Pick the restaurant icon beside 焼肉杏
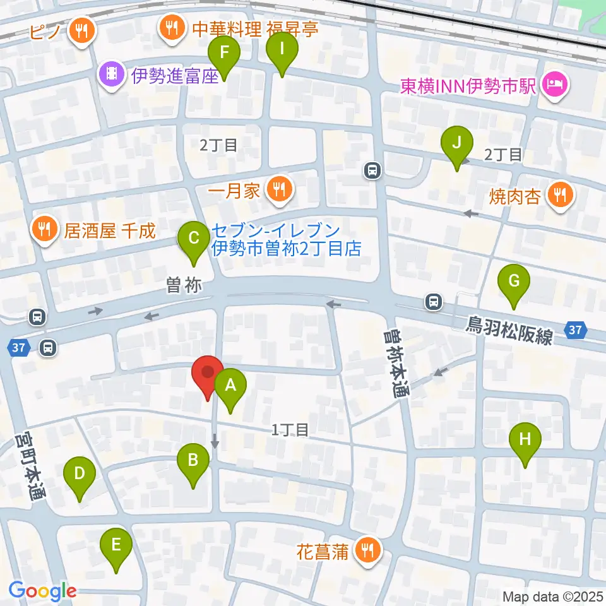[560, 194]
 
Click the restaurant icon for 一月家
[278, 189]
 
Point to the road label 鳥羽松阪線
[509, 330]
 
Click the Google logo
[42, 591]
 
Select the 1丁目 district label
[290, 430]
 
